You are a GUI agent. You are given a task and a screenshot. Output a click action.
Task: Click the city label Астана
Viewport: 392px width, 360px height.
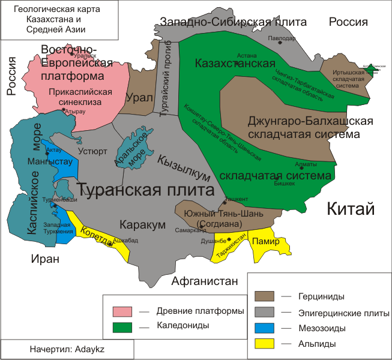click(247, 55)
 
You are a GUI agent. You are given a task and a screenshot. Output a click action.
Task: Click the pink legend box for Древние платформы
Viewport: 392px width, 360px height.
click(122, 311)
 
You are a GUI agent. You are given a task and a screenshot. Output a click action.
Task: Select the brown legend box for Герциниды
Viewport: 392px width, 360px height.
click(264, 296)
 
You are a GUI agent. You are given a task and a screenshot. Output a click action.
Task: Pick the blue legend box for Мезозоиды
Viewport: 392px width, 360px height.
click(264, 328)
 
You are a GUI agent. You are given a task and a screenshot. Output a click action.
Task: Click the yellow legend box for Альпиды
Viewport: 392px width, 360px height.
click(264, 344)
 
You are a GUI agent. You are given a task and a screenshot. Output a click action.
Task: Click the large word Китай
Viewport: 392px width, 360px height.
click(351, 209)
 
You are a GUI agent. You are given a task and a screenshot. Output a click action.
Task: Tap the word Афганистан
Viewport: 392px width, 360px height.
click(205, 281)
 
